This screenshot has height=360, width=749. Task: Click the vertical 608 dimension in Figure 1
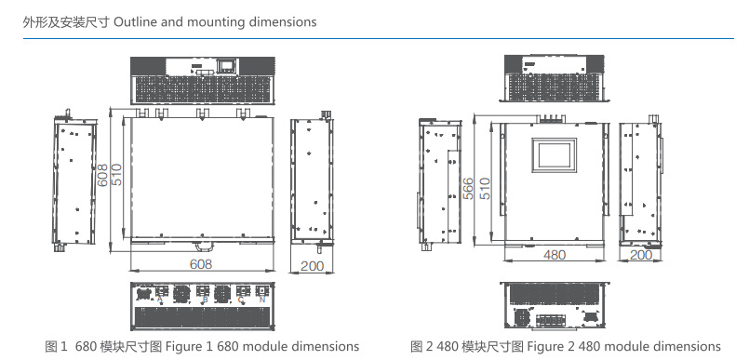coord(102,175)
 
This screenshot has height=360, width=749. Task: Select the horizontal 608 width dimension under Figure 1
coord(201,264)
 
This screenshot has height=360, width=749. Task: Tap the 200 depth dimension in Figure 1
coord(313,266)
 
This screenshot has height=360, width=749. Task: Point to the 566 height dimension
coord(469,188)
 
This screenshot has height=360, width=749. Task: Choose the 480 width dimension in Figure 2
coord(555,255)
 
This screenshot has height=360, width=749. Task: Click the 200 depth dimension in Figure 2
coord(640,255)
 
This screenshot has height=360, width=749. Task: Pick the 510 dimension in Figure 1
coord(116,175)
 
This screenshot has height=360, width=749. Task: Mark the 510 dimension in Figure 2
coord(485,188)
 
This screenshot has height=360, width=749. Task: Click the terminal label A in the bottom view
coord(160,300)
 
